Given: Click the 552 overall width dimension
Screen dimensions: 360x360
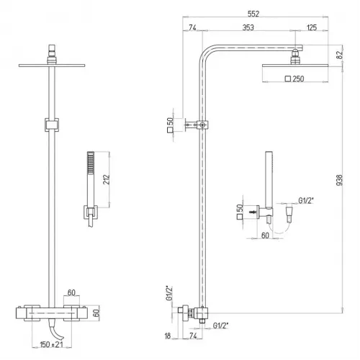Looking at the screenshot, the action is point(253,14).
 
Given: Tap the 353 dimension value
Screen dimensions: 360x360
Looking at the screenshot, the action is point(248,27).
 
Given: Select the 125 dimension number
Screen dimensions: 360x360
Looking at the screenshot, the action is point(312,27).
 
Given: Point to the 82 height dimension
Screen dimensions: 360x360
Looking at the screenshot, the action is point(339,55).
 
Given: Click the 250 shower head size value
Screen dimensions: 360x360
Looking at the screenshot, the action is point(298,78).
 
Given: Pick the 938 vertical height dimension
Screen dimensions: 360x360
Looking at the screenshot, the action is point(339,180).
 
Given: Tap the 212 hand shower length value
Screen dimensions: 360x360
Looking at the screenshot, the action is point(106,179).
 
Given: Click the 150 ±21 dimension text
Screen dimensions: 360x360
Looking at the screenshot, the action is point(51,345).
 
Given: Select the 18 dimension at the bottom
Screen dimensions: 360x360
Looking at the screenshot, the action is point(168,336).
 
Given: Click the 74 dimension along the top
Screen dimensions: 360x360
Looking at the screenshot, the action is point(192,27).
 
